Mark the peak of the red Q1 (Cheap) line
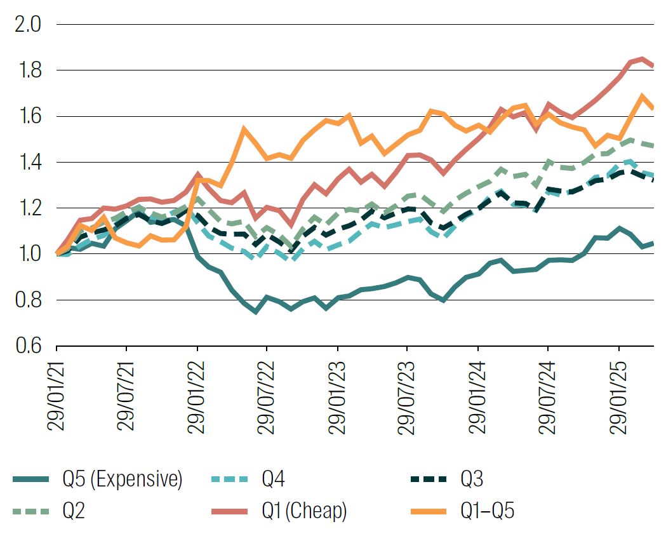(x=643, y=60)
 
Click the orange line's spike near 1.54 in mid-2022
(x=244, y=130)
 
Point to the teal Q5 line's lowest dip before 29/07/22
(x=256, y=312)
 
